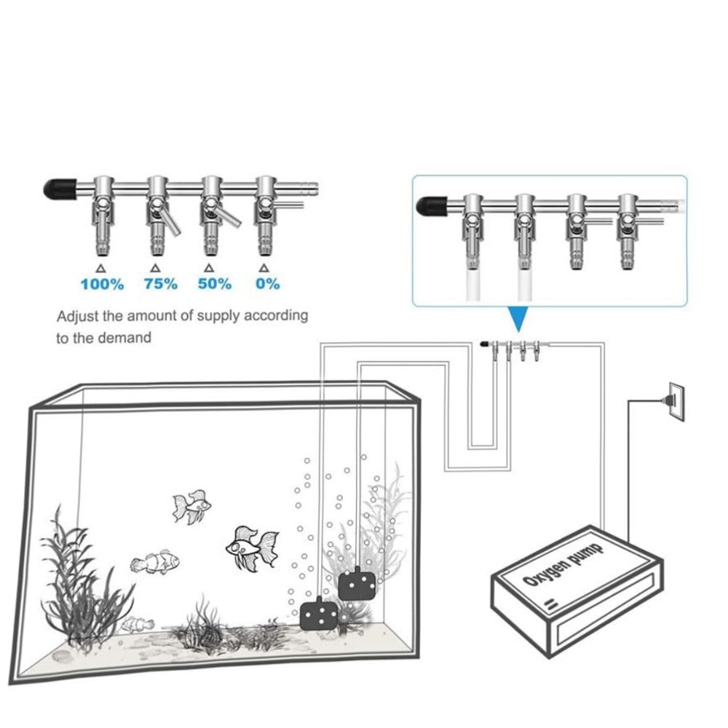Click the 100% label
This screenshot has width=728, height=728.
(102, 284)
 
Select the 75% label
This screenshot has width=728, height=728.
(161, 283)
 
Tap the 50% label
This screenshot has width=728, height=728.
(215, 283)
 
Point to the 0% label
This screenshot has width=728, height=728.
(268, 283)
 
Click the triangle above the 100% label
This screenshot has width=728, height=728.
(100, 269)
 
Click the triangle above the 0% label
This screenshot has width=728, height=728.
(264, 268)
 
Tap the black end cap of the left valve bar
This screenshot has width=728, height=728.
(60, 189)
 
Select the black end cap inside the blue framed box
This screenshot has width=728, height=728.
(432, 206)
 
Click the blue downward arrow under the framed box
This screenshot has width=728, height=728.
(518, 319)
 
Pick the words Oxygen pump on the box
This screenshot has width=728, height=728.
(563, 565)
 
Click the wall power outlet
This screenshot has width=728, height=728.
(676, 402)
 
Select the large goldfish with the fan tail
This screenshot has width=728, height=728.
(253, 549)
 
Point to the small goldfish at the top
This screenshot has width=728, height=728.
(191, 507)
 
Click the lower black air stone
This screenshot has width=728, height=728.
(319, 613)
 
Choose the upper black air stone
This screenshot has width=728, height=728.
(357, 584)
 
